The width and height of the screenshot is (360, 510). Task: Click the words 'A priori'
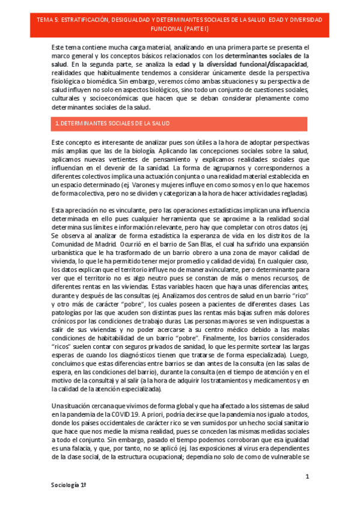click(156, 415)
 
